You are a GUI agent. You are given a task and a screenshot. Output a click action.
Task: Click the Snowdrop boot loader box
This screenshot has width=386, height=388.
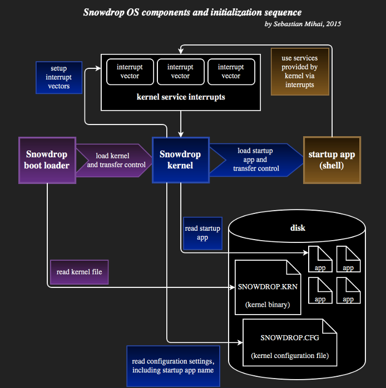[47, 160]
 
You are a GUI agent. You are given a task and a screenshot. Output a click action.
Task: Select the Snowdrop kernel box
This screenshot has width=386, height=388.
[181, 160]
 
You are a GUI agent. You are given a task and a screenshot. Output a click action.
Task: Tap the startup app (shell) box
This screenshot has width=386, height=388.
[332, 160]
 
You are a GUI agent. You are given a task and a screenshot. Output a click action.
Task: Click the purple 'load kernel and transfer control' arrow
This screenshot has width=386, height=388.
[115, 160]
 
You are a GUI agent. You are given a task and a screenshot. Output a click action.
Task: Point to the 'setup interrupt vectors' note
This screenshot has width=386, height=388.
[59, 77]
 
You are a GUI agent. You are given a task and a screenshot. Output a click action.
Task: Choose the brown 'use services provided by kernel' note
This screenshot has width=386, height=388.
[300, 72]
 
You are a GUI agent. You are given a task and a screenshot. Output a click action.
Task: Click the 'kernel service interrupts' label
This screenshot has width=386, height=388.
[181, 97]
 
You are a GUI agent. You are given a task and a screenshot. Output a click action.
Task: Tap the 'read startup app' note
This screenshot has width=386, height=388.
[202, 233]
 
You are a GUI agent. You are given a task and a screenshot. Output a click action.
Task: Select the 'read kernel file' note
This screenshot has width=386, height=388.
[79, 272]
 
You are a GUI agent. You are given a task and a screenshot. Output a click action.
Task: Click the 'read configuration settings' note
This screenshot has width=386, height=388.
[174, 366]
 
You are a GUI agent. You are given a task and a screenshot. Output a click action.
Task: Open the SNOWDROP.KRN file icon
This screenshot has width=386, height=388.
[268, 287]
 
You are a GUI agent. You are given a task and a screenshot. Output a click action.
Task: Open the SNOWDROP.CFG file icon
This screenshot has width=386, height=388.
[290, 342]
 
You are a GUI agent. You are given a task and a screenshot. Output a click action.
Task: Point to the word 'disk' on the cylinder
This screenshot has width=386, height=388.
[298, 228]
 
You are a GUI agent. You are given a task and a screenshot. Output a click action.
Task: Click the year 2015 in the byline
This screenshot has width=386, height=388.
[334, 24]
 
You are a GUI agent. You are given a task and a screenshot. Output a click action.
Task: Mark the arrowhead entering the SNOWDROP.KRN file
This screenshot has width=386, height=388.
[232, 287]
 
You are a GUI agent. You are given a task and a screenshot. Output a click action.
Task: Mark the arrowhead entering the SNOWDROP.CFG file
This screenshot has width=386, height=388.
[240, 342]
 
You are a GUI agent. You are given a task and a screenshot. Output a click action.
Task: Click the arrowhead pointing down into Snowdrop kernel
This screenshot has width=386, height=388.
[181, 135]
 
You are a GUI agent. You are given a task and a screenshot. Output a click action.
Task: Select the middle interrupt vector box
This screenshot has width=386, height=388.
[181, 72]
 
